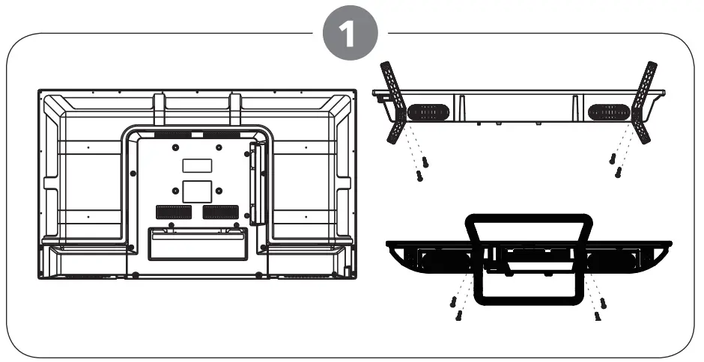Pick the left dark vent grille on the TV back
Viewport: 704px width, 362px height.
click(x=172, y=212)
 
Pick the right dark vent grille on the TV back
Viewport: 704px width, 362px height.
click(x=219, y=212)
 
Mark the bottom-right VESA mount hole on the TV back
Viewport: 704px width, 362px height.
click(x=219, y=190)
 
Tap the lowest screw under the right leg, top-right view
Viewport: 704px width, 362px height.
click(x=617, y=174)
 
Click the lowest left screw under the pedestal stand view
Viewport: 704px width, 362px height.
click(x=458, y=317)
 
